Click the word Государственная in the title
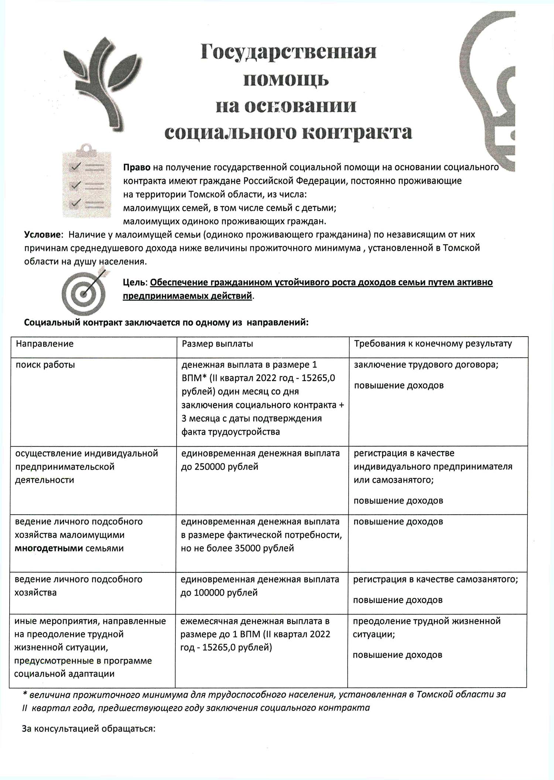(288, 52)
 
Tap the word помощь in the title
(286, 79)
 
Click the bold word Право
(137, 167)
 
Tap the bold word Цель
(135, 282)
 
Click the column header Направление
(45, 344)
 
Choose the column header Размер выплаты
(217, 344)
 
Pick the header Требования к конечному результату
(433, 344)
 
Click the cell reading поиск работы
(45, 365)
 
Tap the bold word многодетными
(49, 548)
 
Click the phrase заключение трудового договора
(426, 365)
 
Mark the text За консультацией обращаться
(89, 729)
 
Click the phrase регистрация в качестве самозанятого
(435, 579)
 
